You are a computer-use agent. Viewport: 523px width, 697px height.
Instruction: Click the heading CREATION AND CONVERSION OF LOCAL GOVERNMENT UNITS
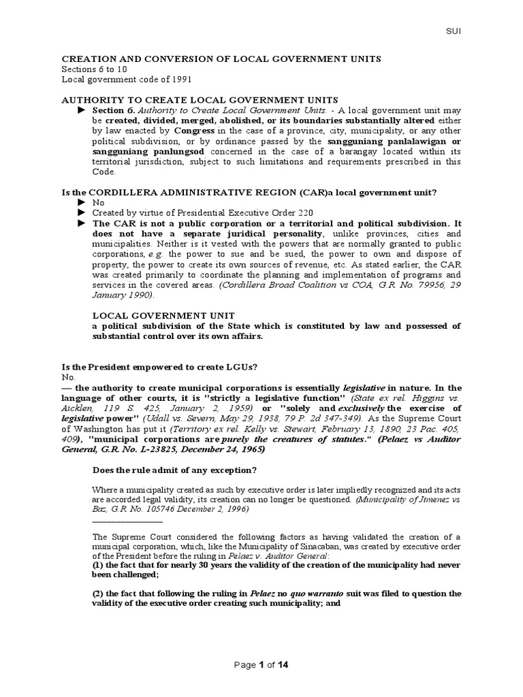coord(221,59)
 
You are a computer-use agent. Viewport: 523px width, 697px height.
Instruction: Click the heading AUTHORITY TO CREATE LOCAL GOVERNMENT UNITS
coord(200,100)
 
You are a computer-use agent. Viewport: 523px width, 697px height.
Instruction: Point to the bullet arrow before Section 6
coord(82,110)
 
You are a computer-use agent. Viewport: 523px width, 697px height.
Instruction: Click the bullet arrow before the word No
coord(82,203)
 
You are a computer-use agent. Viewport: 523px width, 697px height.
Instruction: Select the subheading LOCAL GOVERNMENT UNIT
coord(163,316)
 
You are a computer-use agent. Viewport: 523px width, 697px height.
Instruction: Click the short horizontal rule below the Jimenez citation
coord(127,520)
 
